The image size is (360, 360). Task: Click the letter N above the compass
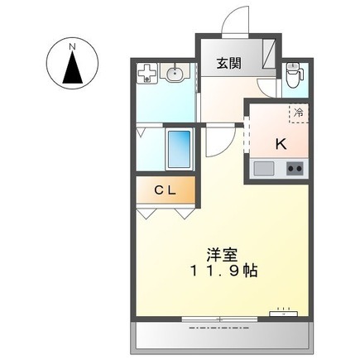click(72, 47)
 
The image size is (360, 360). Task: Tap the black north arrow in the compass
click(73, 68)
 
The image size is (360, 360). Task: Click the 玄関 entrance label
click(228, 64)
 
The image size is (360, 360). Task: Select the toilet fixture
click(294, 75)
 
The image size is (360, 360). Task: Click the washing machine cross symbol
click(147, 73)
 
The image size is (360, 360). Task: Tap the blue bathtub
click(180, 149)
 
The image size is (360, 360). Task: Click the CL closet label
click(165, 190)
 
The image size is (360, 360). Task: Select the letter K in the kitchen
click(281, 143)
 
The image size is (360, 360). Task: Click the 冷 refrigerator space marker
click(299, 113)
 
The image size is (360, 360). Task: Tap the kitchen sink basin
click(264, 168)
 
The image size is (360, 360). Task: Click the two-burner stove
click(295, 168)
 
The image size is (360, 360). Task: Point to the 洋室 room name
click(223, 255)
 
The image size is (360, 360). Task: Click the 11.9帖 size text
click(224, 271)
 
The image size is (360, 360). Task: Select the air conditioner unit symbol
click(283, 313)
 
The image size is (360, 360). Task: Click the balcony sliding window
click(219, 319)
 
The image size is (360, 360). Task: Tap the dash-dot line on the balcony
click(219, 329)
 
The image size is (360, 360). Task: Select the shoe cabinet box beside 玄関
click(269, 54)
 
